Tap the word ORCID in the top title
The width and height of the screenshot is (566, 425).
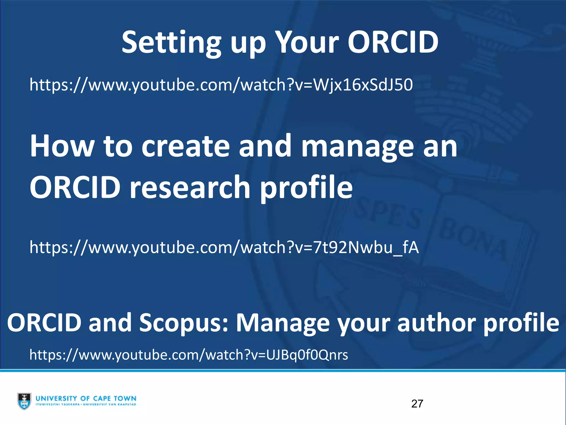click(x=393, y=42)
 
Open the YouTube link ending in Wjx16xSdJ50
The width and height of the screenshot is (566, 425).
click(x=221, y=85)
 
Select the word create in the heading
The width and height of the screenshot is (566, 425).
click(x=185, y=146)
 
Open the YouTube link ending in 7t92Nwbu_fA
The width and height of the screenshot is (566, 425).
click(x=224, y=247)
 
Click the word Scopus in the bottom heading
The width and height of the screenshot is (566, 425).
click(x=183, y=323)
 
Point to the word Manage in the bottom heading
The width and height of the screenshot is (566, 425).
click(x=282, y=323)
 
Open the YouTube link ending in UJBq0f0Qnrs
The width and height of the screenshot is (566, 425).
click(x=189, y=355)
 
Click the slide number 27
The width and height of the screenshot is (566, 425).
click(x=417, y=404)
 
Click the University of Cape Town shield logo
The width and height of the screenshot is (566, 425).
click(x=24, y=401)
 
